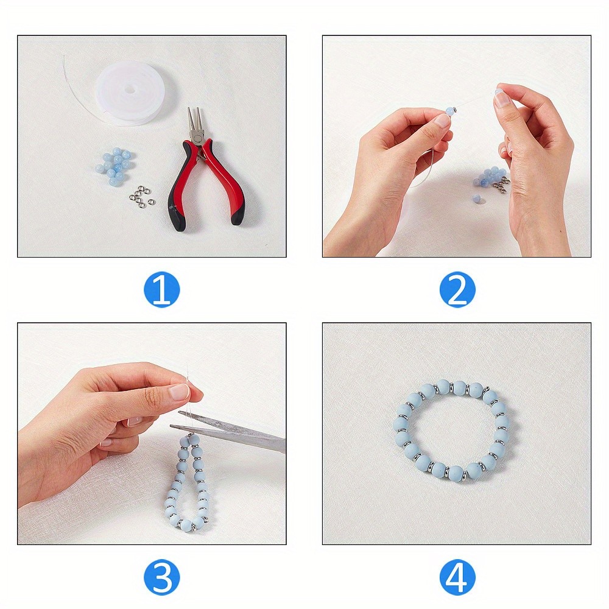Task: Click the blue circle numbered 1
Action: (161, 290)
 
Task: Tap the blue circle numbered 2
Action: (457, 290)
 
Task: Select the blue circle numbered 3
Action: (161, 576)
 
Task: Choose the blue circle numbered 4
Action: (457, 576)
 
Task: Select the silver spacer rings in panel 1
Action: (141, 195)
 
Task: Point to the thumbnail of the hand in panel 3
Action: (180, 392)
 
